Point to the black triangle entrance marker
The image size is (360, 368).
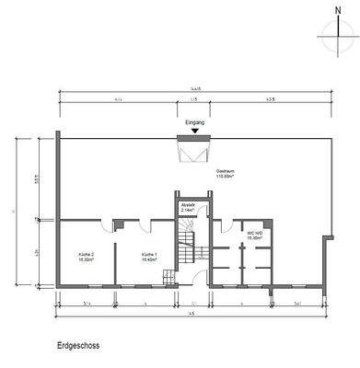point(193,131)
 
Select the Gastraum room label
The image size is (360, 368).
point(226,171)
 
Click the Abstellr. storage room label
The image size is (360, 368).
point(188,203)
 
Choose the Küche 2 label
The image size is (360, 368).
point(87,254)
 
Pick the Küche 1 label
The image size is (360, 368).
point(150,254)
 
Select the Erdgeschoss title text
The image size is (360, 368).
point(78,347)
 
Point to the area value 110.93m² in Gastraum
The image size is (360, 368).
point(226,177)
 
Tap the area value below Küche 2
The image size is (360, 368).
point(87,259)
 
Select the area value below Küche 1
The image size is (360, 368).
point(150,259)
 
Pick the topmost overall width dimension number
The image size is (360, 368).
point(192,89)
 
